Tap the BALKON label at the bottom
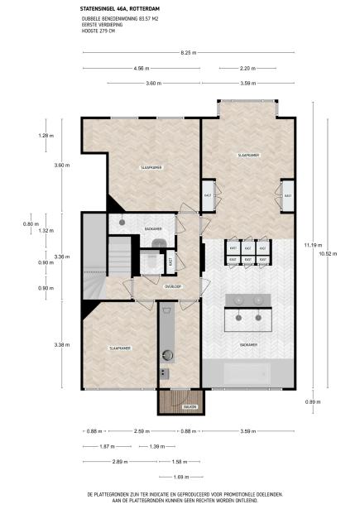point(189,407)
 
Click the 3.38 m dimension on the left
point(48,343)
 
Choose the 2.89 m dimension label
point(118,462)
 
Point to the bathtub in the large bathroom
point(249,374)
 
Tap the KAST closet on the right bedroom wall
point(288,195)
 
